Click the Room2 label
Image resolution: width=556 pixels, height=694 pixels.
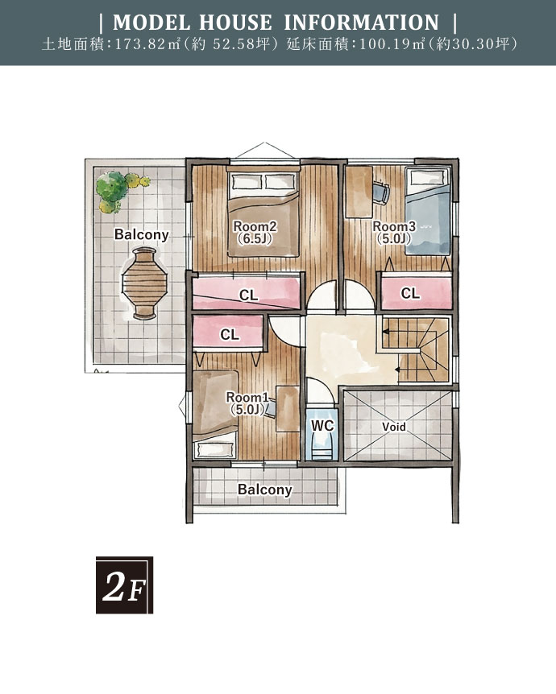pyautogui.click(x=255, y=226)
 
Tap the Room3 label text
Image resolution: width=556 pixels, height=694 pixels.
pyautogui.click(x=394, y=226)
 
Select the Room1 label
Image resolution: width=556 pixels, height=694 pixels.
pyautogui.click(x=247, y=397)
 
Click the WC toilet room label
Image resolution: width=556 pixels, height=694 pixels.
pyautogui.click(x=322, y=426)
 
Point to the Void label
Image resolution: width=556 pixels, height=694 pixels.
pyautogui.click(x=394, y=427)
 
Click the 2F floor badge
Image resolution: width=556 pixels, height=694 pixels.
pyautogui.click(x=124, y=585)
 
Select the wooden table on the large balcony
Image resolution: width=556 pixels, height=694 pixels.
pyautogui.click(x=144, y=283)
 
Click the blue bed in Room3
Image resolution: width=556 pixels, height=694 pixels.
pyautogui.click(x=428, y=212)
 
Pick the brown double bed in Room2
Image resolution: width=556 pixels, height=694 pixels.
pyautogui.click(x=263, y=213)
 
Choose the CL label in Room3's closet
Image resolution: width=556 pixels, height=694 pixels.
pyautogui.click(x=410, y=293)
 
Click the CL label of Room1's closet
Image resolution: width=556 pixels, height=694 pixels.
pyautogui.click(x=230, y=335)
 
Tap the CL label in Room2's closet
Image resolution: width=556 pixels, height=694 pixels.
pyautogui.click(x=248, y=295)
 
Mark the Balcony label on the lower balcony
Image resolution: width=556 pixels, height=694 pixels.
pyautogui.click(x=265, y=489)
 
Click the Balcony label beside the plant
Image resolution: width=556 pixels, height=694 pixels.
pyautogui.click(x=142, y=234)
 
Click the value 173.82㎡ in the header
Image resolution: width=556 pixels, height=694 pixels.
pyautogui.click(x=147, y=45)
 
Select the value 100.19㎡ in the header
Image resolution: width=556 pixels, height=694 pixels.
pyautogui.click(x=392, y=45)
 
